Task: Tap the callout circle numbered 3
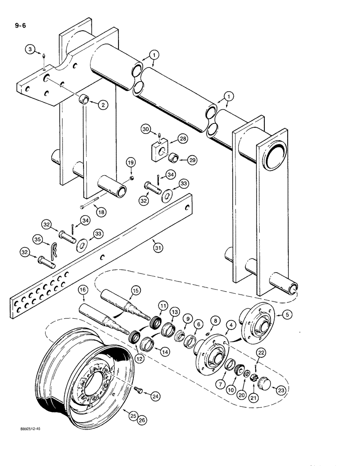(x=30, y=49)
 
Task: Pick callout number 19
(x=131, y=162)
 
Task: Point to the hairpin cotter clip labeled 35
(x=55, y=250)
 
